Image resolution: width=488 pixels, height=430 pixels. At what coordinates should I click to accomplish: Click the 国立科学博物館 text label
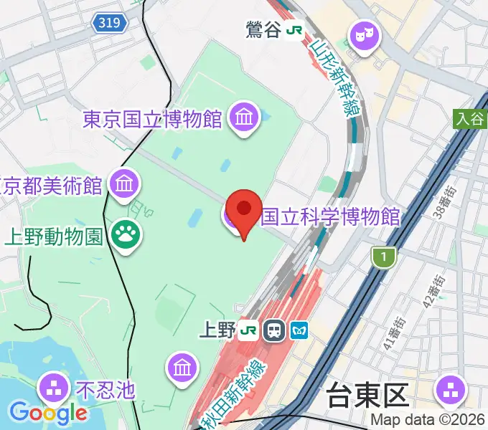[x=330, y=215]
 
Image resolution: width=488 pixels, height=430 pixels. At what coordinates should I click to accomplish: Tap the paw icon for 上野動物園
[x=126, y=233]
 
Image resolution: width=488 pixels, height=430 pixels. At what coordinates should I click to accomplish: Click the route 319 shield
[x=110, y=24]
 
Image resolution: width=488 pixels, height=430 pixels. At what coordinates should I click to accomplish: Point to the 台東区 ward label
[x=367, y=396]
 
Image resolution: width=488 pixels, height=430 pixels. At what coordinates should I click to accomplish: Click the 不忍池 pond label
[x=105, y=390]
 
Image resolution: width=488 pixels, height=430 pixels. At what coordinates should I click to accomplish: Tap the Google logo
[x=47, y=412]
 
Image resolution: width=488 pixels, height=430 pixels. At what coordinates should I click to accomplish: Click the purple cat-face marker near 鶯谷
[x=363, y=34]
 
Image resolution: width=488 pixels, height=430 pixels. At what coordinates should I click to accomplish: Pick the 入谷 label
[x=470, y=118]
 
